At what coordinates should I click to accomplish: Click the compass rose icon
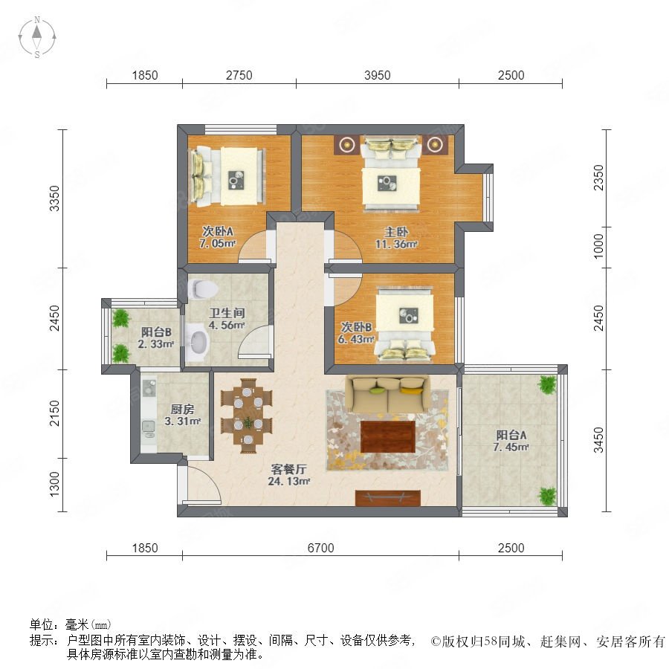click(37, 37)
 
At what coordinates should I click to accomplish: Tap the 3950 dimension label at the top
click(377, 75)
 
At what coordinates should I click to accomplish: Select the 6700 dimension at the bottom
click(320, 548)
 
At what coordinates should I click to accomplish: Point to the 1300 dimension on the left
click(55, 484)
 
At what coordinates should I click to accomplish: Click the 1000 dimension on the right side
click(598, 247)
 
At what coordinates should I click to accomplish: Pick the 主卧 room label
click(396, 232)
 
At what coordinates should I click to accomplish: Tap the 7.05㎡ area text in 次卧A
click(218, 244)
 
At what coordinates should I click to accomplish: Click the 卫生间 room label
click(227, 313)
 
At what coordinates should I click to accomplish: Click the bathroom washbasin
click(198, 343)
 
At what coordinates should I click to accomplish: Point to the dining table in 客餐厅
click(247, 416)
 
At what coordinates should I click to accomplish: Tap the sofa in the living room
click(388, 394)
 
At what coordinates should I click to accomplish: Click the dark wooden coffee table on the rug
click(388, 436)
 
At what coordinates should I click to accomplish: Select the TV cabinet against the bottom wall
click(388, 498)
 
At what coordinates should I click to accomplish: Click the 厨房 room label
click(183, 409)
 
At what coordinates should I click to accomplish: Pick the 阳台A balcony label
click(511, 435)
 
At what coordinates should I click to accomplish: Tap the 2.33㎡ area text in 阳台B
click(156, 344)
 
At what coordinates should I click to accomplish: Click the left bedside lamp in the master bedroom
click(347, 145)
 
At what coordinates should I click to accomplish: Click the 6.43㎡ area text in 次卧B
click(356, 340)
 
